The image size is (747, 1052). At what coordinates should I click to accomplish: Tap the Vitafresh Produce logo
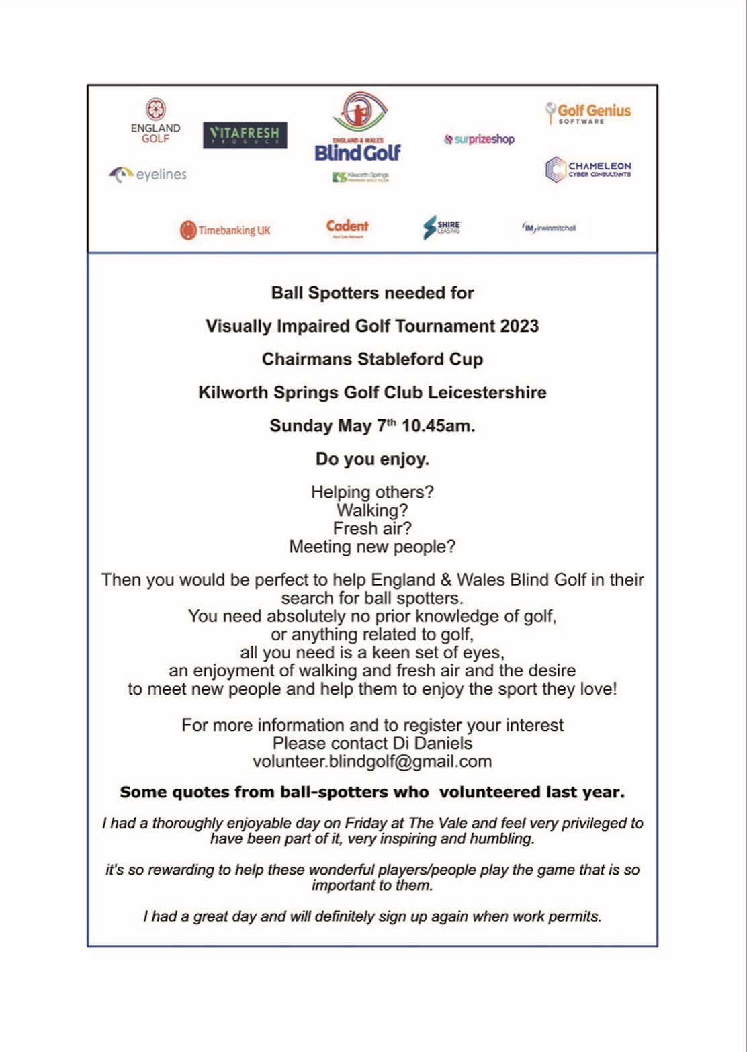[x=245, y=135]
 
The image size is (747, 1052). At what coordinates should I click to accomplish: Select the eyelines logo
[x=148, y=175]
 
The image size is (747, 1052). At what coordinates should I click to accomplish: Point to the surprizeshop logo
[x=479, y=140]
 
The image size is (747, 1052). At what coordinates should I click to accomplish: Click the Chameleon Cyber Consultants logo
[x=588, y=169]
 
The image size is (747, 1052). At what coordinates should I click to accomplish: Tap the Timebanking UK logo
[x=225, y=230]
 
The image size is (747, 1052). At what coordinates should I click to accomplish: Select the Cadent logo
[x=347, y=228]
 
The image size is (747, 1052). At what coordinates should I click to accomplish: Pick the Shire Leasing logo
[x=442, y=228]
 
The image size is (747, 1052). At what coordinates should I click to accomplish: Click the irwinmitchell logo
[x=549, y=228]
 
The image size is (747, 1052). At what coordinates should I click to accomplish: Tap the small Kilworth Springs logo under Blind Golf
[x=361, y=177]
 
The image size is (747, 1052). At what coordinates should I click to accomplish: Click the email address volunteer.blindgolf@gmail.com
[x=372, y=762]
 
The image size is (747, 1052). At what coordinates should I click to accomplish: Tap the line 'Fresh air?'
[x=372, y=529]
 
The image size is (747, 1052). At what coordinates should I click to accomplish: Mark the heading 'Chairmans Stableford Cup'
[x=372, y=359]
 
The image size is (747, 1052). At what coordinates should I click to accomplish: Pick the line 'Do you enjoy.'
[x=372, y=459]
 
